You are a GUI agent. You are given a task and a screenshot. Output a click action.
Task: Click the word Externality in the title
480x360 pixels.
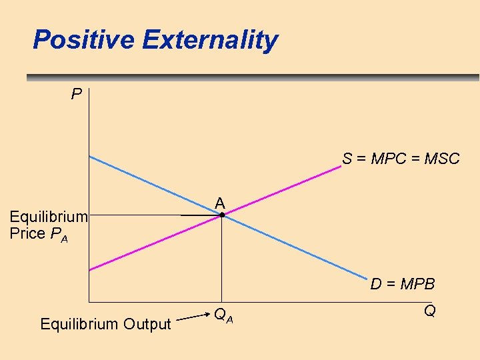pyautogui.click(x=209, y=40)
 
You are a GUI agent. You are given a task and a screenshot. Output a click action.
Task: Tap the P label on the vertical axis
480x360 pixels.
pyautogui.click(x=77, y=95)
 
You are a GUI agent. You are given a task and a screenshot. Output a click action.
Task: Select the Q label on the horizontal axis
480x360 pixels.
pyautogui.click(x=429, y=311)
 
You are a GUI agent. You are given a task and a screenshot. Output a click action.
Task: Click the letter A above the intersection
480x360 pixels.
pyautogui.click(x=220, y=203)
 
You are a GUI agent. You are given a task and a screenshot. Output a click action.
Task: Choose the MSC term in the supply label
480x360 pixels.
pyautogui.click(x=442, y=159)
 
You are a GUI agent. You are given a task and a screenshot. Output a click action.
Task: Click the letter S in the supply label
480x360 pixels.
pyautogui.click(x=347, y=159)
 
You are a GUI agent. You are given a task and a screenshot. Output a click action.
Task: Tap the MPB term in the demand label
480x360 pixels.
pyautogui.click(x=417, y=285)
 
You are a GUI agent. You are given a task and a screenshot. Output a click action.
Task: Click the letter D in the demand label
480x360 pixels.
pyautogui.click(x=376, y=285)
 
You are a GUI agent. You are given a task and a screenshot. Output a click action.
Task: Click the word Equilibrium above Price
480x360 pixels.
pyautogui.click(x=49, y=216)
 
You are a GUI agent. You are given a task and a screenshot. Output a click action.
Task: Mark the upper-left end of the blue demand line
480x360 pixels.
pyautogui.click(x=91, y=157)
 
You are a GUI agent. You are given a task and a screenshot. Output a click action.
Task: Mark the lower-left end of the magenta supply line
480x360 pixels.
pyautogui.click(x=90, y=269)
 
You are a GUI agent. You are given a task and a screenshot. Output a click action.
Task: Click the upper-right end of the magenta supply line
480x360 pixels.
pyautogui.click(x=339, y=167)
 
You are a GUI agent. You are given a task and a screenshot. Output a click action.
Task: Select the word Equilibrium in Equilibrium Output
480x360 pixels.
pyautogui.click(x=79, y=325)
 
